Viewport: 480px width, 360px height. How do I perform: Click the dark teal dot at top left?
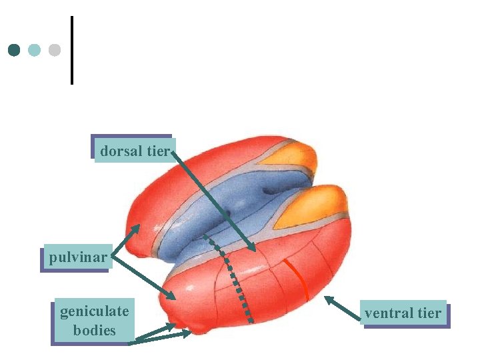14,50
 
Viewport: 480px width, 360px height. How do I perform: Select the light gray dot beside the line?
55,50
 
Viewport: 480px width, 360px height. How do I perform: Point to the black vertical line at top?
71,50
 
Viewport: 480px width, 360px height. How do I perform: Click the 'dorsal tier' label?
133,151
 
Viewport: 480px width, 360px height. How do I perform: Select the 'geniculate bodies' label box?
94,321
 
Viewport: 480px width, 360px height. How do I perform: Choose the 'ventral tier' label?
403,313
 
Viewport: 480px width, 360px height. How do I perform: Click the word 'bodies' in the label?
94,330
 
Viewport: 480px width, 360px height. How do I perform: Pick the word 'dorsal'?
121,151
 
